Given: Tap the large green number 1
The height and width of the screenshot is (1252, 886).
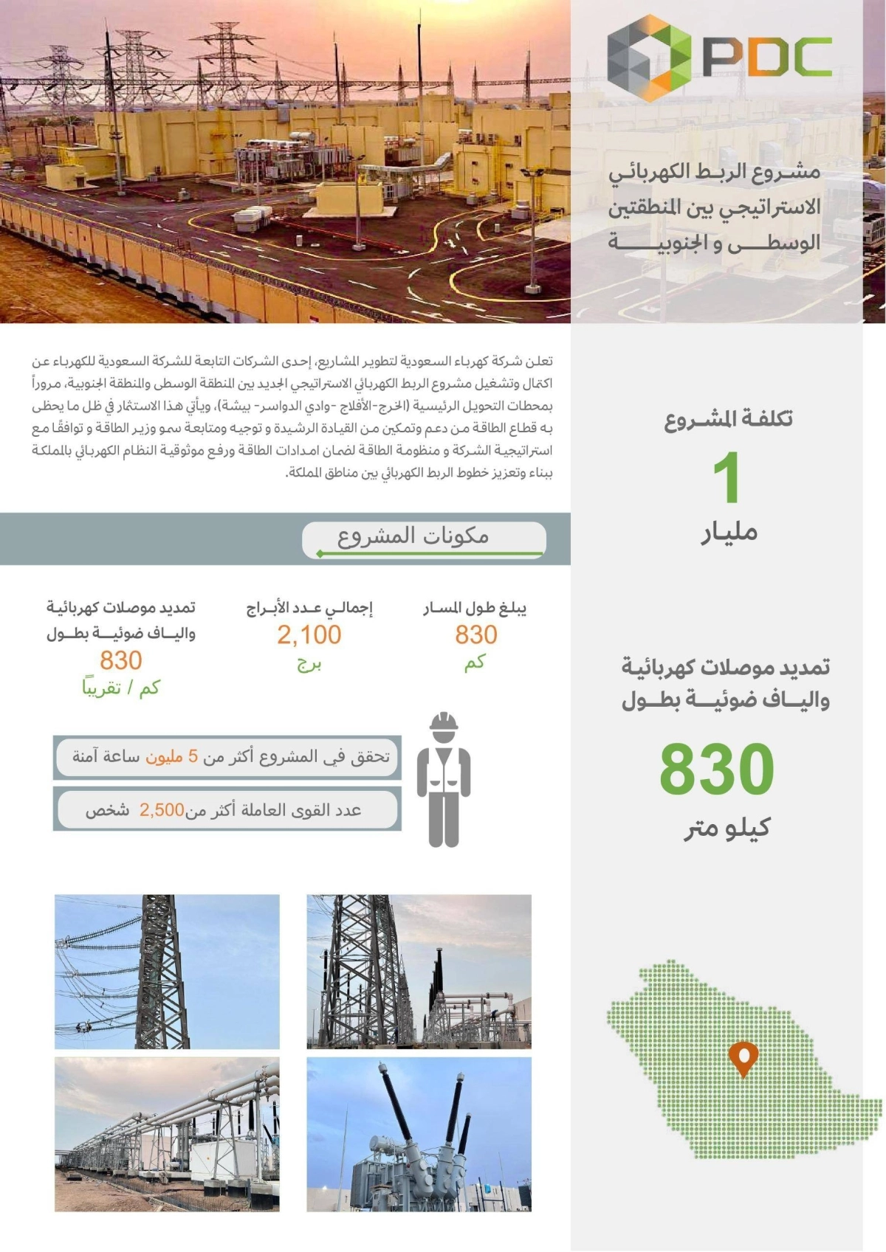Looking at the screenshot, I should point(727,478).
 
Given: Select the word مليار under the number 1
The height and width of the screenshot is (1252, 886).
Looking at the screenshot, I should point(729,532).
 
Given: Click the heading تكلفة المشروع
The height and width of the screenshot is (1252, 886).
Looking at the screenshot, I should point(728,419).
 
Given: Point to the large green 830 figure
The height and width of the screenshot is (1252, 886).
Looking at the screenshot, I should point(716,769).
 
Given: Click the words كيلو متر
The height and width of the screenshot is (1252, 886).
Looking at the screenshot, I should point(727,828).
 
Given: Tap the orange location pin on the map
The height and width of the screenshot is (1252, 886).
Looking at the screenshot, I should point(743,1058).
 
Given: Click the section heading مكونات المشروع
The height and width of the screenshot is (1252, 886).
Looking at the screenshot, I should point(413,536).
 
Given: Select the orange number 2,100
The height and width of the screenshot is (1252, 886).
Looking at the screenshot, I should point(309,634).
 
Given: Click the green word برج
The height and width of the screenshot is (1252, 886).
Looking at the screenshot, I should point(309,663).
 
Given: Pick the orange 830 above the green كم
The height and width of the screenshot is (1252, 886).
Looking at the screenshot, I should point(476,634).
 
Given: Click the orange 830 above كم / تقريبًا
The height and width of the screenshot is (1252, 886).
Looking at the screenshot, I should point(121,660).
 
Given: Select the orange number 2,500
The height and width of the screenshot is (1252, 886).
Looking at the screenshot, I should point(162,810).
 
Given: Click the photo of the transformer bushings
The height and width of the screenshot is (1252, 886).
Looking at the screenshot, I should point(419,1134).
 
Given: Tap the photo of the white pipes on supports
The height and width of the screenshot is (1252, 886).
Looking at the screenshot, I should point(167,1134).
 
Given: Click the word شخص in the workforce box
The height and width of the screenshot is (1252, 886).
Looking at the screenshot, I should point(107,810).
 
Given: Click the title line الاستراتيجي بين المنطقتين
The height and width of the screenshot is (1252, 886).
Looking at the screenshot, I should point(714,207).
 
